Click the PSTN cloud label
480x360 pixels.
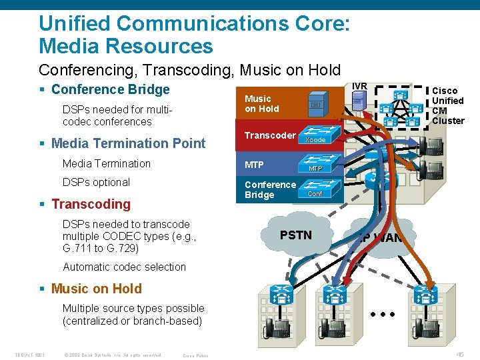pyautogui.click(x=295, y=235)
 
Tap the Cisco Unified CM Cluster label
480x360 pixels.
pyautogui.click(x=447, y=105)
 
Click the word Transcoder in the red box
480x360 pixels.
pyautogui.click(x=269, y=135)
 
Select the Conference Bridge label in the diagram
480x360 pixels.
pyautogui.click(x=270, y=189)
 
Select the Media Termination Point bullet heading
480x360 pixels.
pyautogui.click(x=128, y=143)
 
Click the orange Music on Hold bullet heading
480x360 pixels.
pyautogui.click(x=96, y=289)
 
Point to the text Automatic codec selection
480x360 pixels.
pyautogui.click(x=124, y=267)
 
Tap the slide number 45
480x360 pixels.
pyautogui.click(x=460, y=354)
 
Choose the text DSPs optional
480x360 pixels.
pyautogui.click(x=96, y=182)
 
